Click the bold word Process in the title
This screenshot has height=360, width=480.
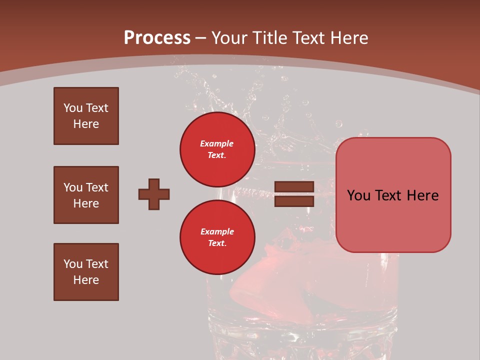click(x=157, y=38)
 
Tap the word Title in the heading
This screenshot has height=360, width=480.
click(x=270, y=38)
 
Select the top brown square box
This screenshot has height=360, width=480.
click(x=86, y=116)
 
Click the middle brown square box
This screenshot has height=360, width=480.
click(x=86, y=195)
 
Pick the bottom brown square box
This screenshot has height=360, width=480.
click(x=86, y=272)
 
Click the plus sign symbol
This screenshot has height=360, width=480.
click(x=154, y=194)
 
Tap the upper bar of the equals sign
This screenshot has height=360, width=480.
click(x=294, y=187)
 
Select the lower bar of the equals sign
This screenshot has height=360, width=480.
click(x=294, y=201)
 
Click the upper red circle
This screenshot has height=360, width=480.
click(x=217, y=149)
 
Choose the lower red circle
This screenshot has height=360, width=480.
click(x=217, y=237)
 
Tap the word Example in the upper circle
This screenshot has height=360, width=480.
click(x=217, y=143)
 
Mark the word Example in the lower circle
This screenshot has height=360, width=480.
click(x=217, y=231)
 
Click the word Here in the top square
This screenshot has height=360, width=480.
click(x=86, y=124)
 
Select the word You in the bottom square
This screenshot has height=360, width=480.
click(x=72, y=264)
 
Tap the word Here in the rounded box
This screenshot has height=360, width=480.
click(x=422, y=195)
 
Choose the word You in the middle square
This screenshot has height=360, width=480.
click(x=72, y=187)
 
